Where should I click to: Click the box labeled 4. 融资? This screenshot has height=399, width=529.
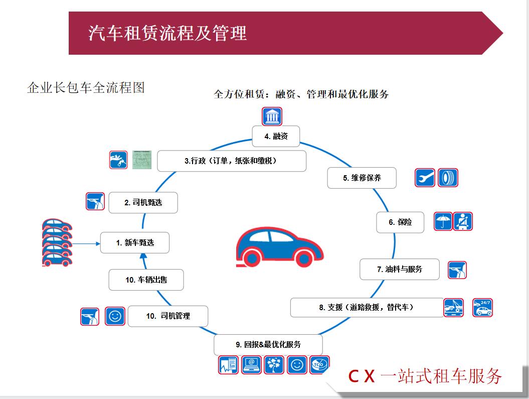coord(276,136)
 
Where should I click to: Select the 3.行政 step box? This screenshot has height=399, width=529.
coord(231,161)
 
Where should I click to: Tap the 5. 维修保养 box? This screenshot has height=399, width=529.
coord(362,178)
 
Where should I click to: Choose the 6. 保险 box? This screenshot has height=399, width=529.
coord(400,222)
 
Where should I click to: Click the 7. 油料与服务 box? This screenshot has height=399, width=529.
coord(400,269)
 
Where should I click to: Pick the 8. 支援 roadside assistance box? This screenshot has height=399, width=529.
coord(367,307)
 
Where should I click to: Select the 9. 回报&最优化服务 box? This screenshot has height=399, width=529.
coord(268,345)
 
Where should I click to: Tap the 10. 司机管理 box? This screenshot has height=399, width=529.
coord(168,316)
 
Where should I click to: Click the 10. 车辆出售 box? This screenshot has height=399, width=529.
coord(146,280)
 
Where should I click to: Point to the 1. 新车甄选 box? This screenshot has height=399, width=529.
coord(135,242)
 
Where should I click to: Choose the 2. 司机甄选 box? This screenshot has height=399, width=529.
coord(143,203)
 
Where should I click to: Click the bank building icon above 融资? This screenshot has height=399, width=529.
coord(272,117)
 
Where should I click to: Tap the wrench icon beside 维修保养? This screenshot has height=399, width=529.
coord(425,178)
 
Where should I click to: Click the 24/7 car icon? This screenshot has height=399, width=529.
coord(482,307)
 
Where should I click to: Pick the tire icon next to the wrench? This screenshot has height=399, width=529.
coord(447,178)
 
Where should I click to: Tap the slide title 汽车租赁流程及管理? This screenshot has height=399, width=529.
coord(167,33)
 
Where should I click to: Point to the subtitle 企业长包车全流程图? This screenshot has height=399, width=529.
coord(86,88)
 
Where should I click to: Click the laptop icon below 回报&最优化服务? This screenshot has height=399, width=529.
coord(252,364)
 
